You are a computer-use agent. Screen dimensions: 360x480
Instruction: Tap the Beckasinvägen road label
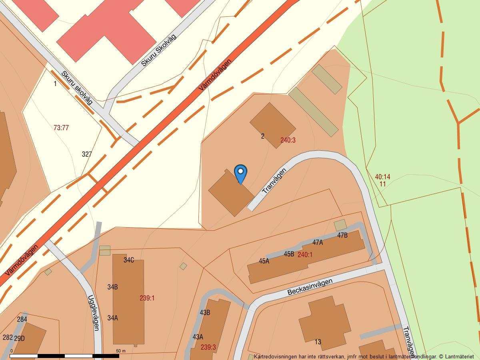click(310, 287)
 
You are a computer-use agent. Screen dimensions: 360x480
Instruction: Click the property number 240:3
click(288, 140)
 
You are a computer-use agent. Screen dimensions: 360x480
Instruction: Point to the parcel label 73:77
click(61, 128)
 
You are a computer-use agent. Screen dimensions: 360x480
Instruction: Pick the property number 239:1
click(147, 298)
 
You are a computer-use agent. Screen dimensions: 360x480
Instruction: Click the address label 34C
click(129, 260)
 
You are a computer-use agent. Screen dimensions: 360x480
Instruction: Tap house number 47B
click(342, 235)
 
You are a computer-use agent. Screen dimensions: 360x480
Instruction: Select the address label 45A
click(264, 261)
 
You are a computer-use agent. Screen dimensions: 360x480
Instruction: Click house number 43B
click(205, 312)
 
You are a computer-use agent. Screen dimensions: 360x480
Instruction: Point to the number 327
click(87, 154)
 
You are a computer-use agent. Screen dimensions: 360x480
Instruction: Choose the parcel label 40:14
click(382, 177)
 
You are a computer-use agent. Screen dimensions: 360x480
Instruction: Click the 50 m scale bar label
click(121, 351)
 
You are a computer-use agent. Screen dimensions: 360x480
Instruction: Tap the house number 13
click(318, 342)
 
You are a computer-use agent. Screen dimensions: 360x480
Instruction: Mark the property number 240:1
click(305, 255)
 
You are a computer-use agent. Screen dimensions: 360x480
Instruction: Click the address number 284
click(22, 319)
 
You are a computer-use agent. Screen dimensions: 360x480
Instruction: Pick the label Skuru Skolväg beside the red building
click(159, 50)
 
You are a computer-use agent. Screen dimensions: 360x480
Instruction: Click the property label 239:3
click(208, 347)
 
